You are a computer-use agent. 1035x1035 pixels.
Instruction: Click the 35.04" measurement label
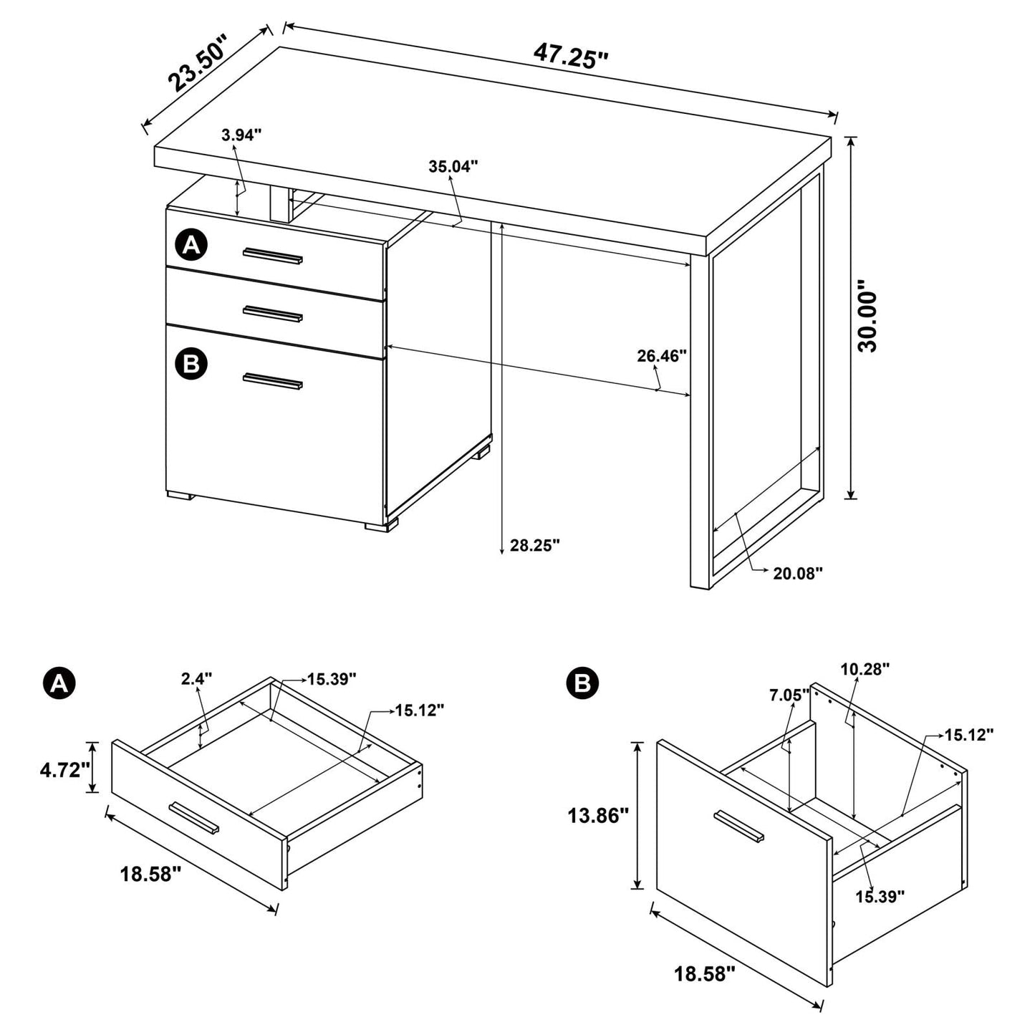coord(453,167)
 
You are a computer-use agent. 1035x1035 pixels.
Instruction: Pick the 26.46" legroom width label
coord(662,355)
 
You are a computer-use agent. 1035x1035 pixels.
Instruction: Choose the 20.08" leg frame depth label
coord(798,572)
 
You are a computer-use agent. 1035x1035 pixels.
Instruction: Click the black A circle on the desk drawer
coord(191,246)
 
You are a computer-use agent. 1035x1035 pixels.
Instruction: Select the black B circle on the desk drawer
coord(191,364)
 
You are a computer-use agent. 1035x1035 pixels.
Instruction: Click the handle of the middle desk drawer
coord(272,313)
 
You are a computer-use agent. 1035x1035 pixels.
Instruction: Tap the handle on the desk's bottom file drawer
coord(272,381)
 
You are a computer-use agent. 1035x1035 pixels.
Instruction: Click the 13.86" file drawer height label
coord(598,814)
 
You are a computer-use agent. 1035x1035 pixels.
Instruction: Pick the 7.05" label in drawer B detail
coord(789,694)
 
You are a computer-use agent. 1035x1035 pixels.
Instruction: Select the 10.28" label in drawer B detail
coord(865,669)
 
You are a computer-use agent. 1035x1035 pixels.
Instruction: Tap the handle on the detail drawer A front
coord(194,818)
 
